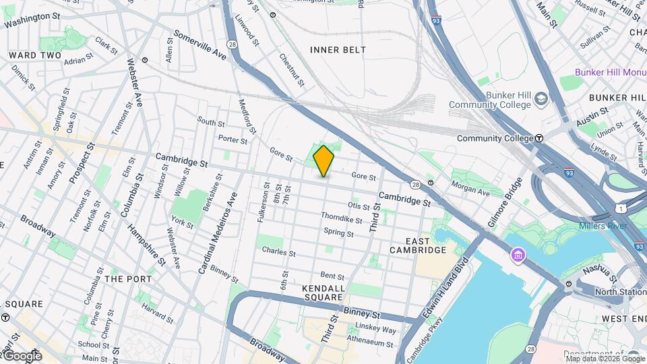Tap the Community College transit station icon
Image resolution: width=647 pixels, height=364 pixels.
click(539, 138)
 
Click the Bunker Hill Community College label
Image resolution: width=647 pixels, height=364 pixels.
click(490, 100)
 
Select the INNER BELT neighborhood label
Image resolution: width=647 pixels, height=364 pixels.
click(338, 50)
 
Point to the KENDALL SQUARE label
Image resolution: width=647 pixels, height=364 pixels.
click(324, 293)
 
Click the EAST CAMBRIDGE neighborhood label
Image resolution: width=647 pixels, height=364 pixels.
click(418, 245)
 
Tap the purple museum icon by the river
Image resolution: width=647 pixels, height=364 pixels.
click(518, 255)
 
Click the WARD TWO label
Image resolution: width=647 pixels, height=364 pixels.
click(34, 55)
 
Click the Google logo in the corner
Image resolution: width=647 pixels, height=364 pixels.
click(22, 355)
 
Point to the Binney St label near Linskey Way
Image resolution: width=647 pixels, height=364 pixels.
click(362, 313)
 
